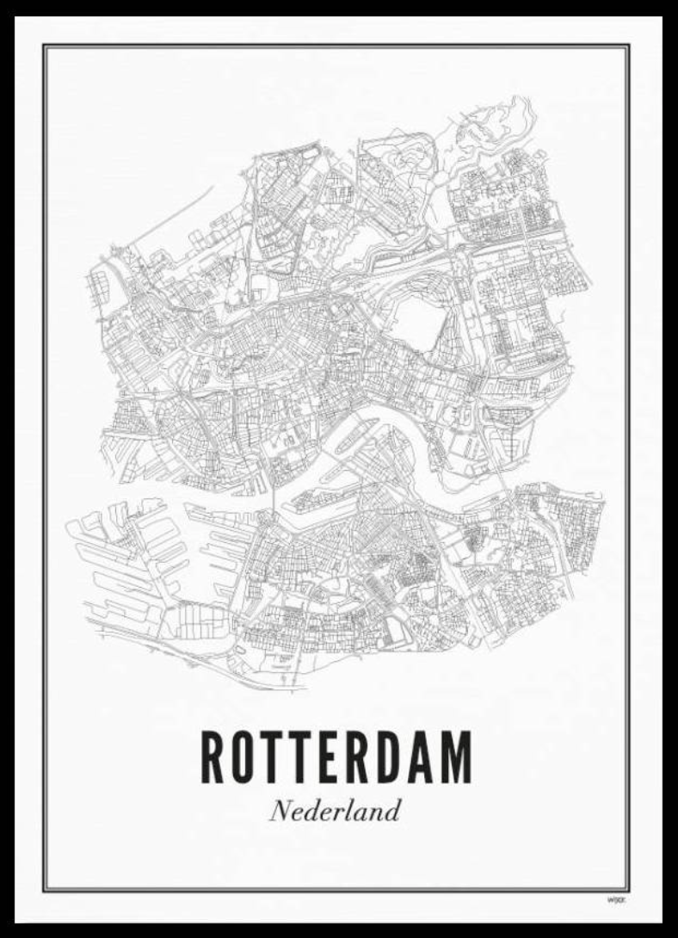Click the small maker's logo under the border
(x=615, y=899)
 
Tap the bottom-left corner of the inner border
(x=45, y=890)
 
